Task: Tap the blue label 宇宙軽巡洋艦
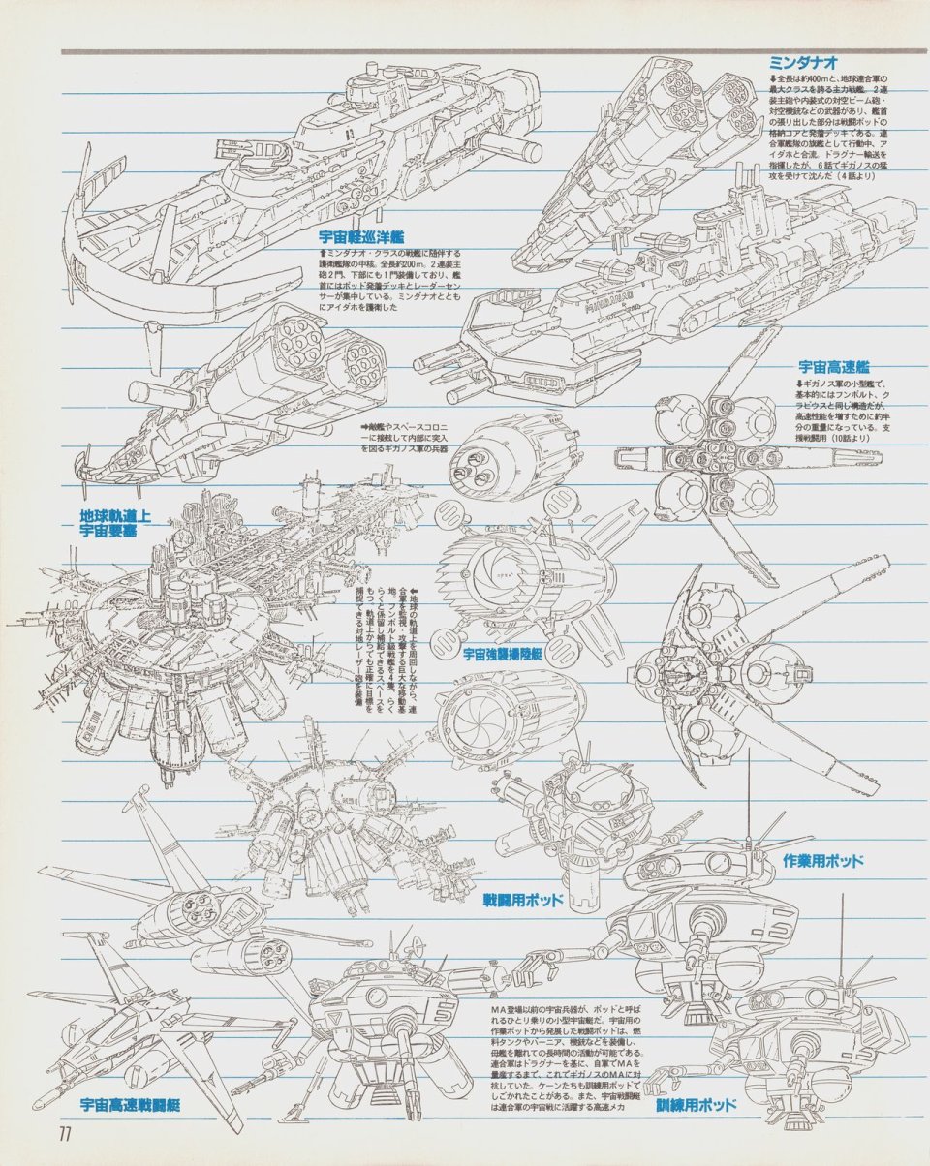[x=362, y=235]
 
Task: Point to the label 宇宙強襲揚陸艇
[x=502, y=655]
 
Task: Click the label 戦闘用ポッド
[x=523, y=901]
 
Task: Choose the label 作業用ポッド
[x=822, y=859]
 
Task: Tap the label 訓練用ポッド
[x=696, y=1105]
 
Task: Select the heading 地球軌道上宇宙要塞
[x=116, y=523]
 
